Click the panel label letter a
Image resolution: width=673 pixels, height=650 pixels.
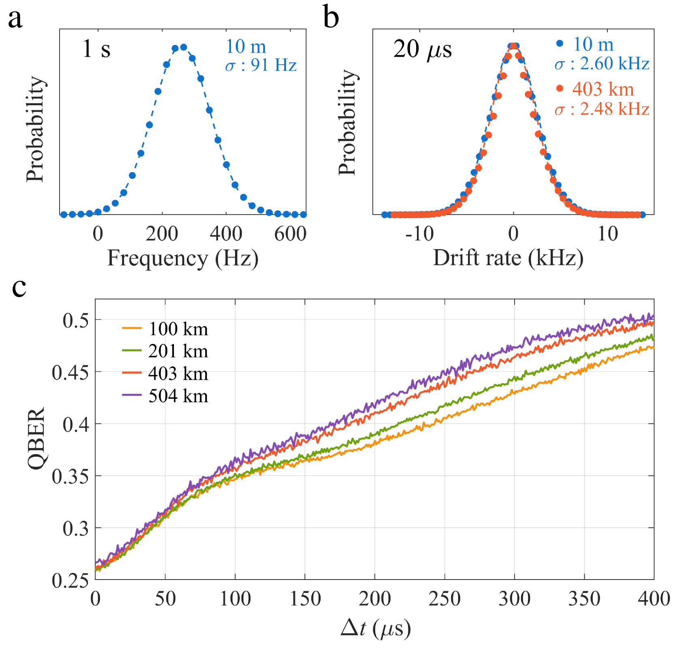coord(15,19)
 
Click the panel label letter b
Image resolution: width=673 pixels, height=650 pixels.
coord(331,19)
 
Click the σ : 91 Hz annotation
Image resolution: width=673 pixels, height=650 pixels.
coord(261,65)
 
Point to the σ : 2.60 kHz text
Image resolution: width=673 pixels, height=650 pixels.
coord(602,64)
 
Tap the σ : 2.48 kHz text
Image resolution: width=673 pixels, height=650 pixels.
coord(602,109)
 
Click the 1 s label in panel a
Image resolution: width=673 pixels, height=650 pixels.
coord(96,49)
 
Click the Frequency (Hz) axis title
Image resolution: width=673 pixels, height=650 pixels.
coord(183,258)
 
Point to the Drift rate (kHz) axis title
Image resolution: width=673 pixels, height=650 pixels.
coord(508,258)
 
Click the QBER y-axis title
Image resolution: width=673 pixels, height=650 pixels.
coord(37,439)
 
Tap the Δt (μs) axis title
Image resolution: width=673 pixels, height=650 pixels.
coord(376,629)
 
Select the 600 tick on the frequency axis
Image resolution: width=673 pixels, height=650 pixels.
coord(290,234)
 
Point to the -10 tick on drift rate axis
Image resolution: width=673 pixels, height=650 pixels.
coord(419,234)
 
